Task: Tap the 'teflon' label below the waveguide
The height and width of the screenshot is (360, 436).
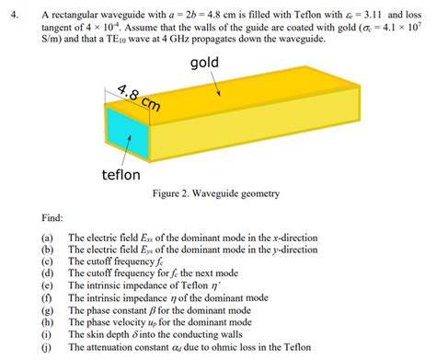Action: [120, 174]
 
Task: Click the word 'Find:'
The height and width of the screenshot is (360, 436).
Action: [52, 219]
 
